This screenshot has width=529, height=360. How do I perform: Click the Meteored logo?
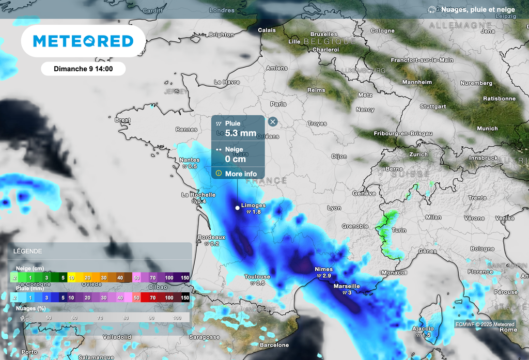pos(83,41)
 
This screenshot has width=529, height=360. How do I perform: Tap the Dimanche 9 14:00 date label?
pos(83,68)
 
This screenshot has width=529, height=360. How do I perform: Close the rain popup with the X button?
pos(273,122)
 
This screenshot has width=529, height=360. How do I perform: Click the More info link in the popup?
pos(240,174)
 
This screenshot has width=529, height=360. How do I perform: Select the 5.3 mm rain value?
pos(240,133)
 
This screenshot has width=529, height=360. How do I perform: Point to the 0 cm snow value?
pos(235,159)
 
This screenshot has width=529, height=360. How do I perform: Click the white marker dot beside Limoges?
pos(237,208)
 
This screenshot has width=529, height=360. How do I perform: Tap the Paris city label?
pos(278,104)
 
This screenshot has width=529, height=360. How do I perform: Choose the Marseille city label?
pos(347,286)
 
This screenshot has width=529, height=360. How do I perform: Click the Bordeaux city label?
pos(212,237)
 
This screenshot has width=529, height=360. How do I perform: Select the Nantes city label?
pos(189,160)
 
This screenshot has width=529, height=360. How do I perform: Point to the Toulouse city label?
pos(257,277)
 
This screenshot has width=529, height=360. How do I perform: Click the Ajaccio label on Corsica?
pos(423,328)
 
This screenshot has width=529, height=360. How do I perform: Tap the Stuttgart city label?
pos(432,107)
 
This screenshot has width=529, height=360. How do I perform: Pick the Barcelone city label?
pos(274,345)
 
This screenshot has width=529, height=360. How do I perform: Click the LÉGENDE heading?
pos(28,252)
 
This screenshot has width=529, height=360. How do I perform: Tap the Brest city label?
pos(122,120)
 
